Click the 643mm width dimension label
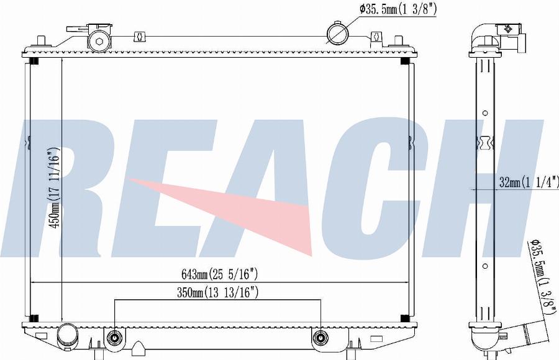pyautogui.click(x=219, y=274)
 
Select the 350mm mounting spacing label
pyautogui.click(x=217, y=292)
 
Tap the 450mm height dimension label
pyautogui.click(x=54, y=188)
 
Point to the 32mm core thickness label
pyautogui.click(x=529, y=182)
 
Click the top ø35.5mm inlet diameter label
pyautogui.click(x=398, y=9)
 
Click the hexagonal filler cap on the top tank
pyautogui.click(x=99, y=41)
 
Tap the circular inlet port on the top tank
pyautogui.click(x=337, y=34)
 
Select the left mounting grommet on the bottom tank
pyautogui.click(x=114, y=337)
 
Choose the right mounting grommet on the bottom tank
pyautogui.click(x=320, y=337)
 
